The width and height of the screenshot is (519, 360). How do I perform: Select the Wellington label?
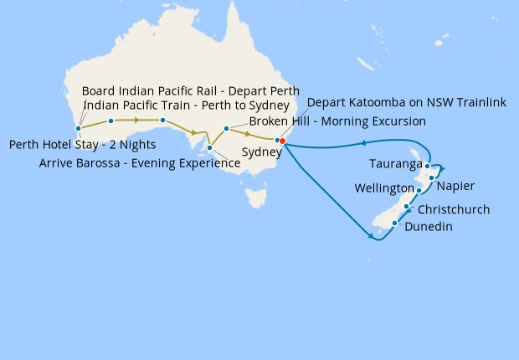coord(384,188)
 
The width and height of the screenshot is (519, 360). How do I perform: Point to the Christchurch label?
coord(453,209)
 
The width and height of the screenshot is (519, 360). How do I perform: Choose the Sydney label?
coord(261,152)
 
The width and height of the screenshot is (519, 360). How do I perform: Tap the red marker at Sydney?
coord(283,141)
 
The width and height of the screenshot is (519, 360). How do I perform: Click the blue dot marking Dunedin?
coord(395,224)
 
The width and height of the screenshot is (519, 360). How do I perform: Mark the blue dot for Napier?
coord(432,177)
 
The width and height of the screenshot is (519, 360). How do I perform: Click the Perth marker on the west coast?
coord(78,129)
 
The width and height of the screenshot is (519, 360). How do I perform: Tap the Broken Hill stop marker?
coord(226,129)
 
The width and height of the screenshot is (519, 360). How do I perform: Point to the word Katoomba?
coord(374,103)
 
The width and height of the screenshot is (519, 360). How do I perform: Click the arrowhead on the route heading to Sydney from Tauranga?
coord(364,143)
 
